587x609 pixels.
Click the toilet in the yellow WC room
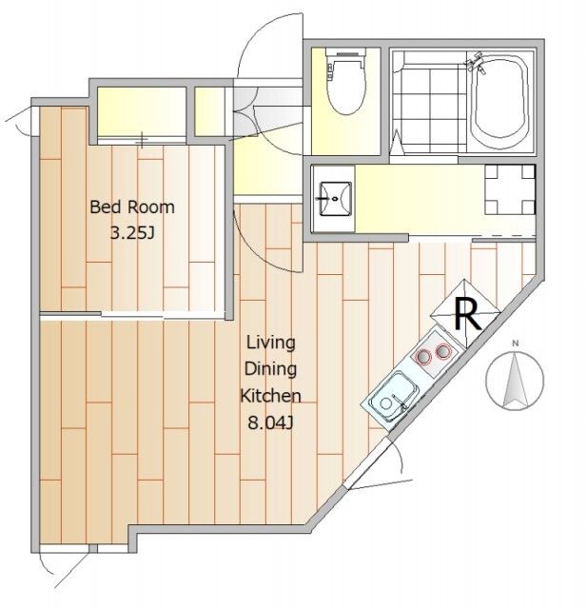346,82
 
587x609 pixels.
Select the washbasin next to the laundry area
336,199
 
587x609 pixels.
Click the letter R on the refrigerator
467,314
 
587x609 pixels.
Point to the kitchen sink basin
393,396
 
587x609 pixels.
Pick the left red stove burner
423,356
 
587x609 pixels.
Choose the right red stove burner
443,351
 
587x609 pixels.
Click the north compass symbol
515,380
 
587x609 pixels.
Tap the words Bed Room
132,206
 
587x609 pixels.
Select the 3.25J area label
133,233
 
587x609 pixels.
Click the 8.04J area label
270,422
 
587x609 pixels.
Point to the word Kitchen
270,396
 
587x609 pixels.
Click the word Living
271,343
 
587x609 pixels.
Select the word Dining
270,369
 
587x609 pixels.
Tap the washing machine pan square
510,190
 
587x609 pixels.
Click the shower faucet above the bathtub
476,63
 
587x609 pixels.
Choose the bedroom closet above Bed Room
142,111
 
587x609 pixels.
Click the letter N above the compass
516,343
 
